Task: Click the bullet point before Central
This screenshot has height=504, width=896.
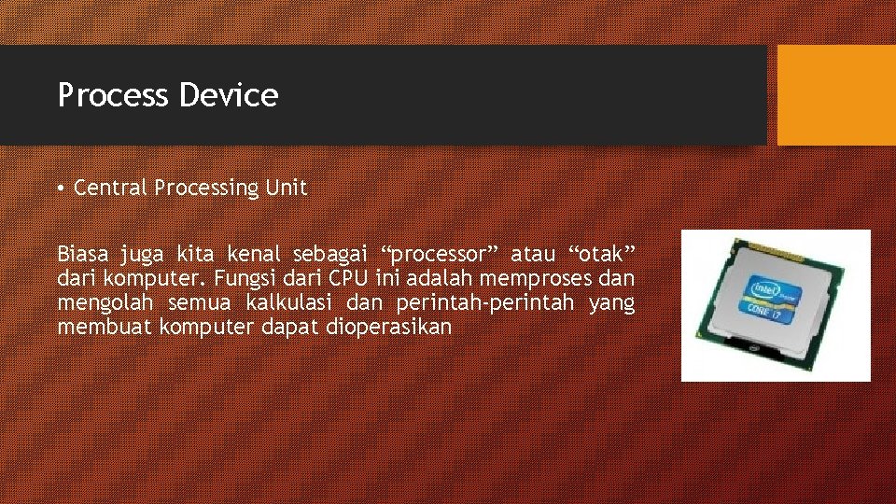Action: click(x=61, y=189)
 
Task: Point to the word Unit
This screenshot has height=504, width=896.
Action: click(x=286, y=188)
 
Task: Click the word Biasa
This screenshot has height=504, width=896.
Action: click(x=84, y=255)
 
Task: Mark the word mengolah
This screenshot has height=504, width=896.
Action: click(x=105, y=303)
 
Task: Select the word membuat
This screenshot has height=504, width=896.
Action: click(x=105, y=327)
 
